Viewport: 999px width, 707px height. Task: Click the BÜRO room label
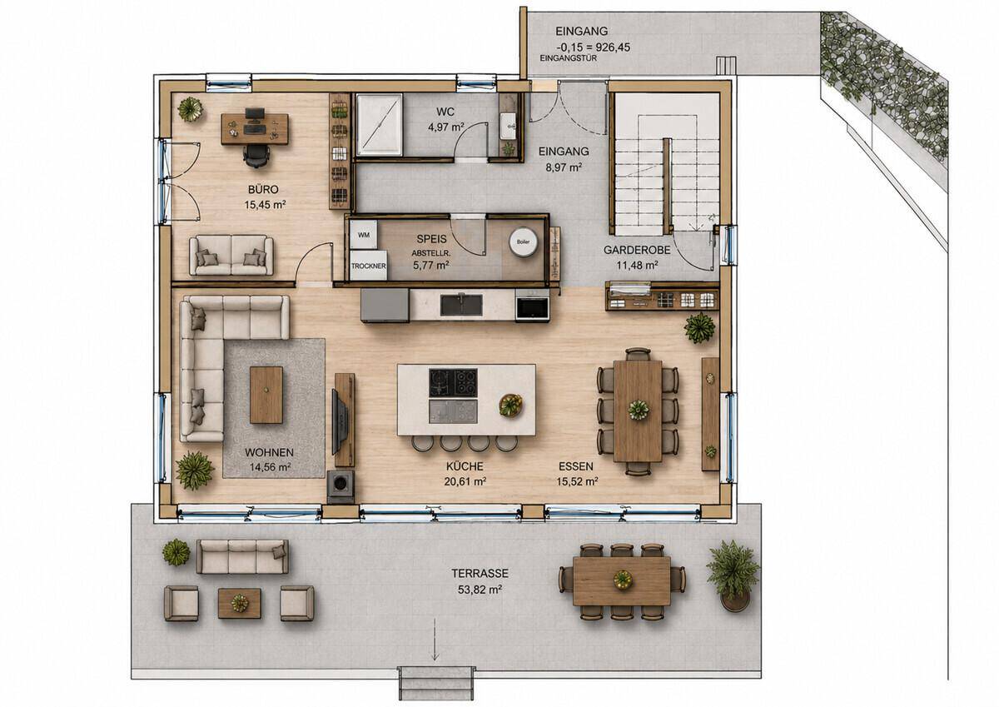263,189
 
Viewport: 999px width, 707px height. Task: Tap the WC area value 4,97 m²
446,127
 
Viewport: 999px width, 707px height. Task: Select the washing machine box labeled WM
364,235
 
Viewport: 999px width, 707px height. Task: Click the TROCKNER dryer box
368,266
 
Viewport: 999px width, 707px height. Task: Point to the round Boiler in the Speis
523,242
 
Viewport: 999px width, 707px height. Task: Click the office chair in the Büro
256,156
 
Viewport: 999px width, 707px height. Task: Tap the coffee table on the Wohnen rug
266,395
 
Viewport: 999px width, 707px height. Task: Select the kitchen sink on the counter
461,305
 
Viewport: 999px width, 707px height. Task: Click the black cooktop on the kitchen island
453,383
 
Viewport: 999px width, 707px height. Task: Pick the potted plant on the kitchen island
510,406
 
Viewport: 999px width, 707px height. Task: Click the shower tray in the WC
379,125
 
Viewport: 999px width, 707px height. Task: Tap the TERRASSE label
480,573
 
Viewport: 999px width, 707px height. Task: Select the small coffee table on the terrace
240,603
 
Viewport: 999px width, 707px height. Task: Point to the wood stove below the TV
341,486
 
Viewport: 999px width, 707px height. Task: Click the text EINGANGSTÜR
568,58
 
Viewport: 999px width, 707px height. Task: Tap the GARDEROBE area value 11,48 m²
638,266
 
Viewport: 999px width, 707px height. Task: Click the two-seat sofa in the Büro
231,255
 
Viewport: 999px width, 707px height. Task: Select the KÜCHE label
465,466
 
